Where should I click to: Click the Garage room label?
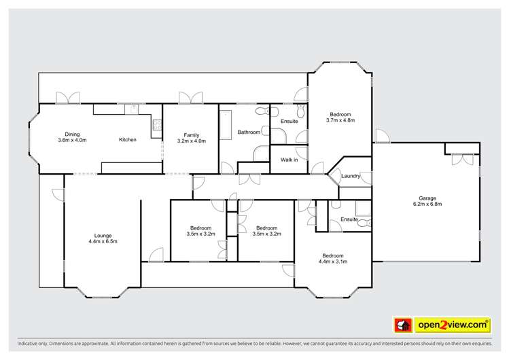point(427,198)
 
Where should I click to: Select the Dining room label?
point(72,134)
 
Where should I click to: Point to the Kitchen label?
point(128,140)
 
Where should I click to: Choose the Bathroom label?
point(248,132)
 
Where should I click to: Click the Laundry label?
point(350,176)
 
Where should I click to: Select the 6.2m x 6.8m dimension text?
point(427,204)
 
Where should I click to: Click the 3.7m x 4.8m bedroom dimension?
point(340,120)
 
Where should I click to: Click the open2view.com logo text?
point(453,325)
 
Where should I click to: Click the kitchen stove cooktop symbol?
point(157,124)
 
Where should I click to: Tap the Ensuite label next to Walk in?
point(289,121)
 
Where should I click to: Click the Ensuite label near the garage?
point(349,219)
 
